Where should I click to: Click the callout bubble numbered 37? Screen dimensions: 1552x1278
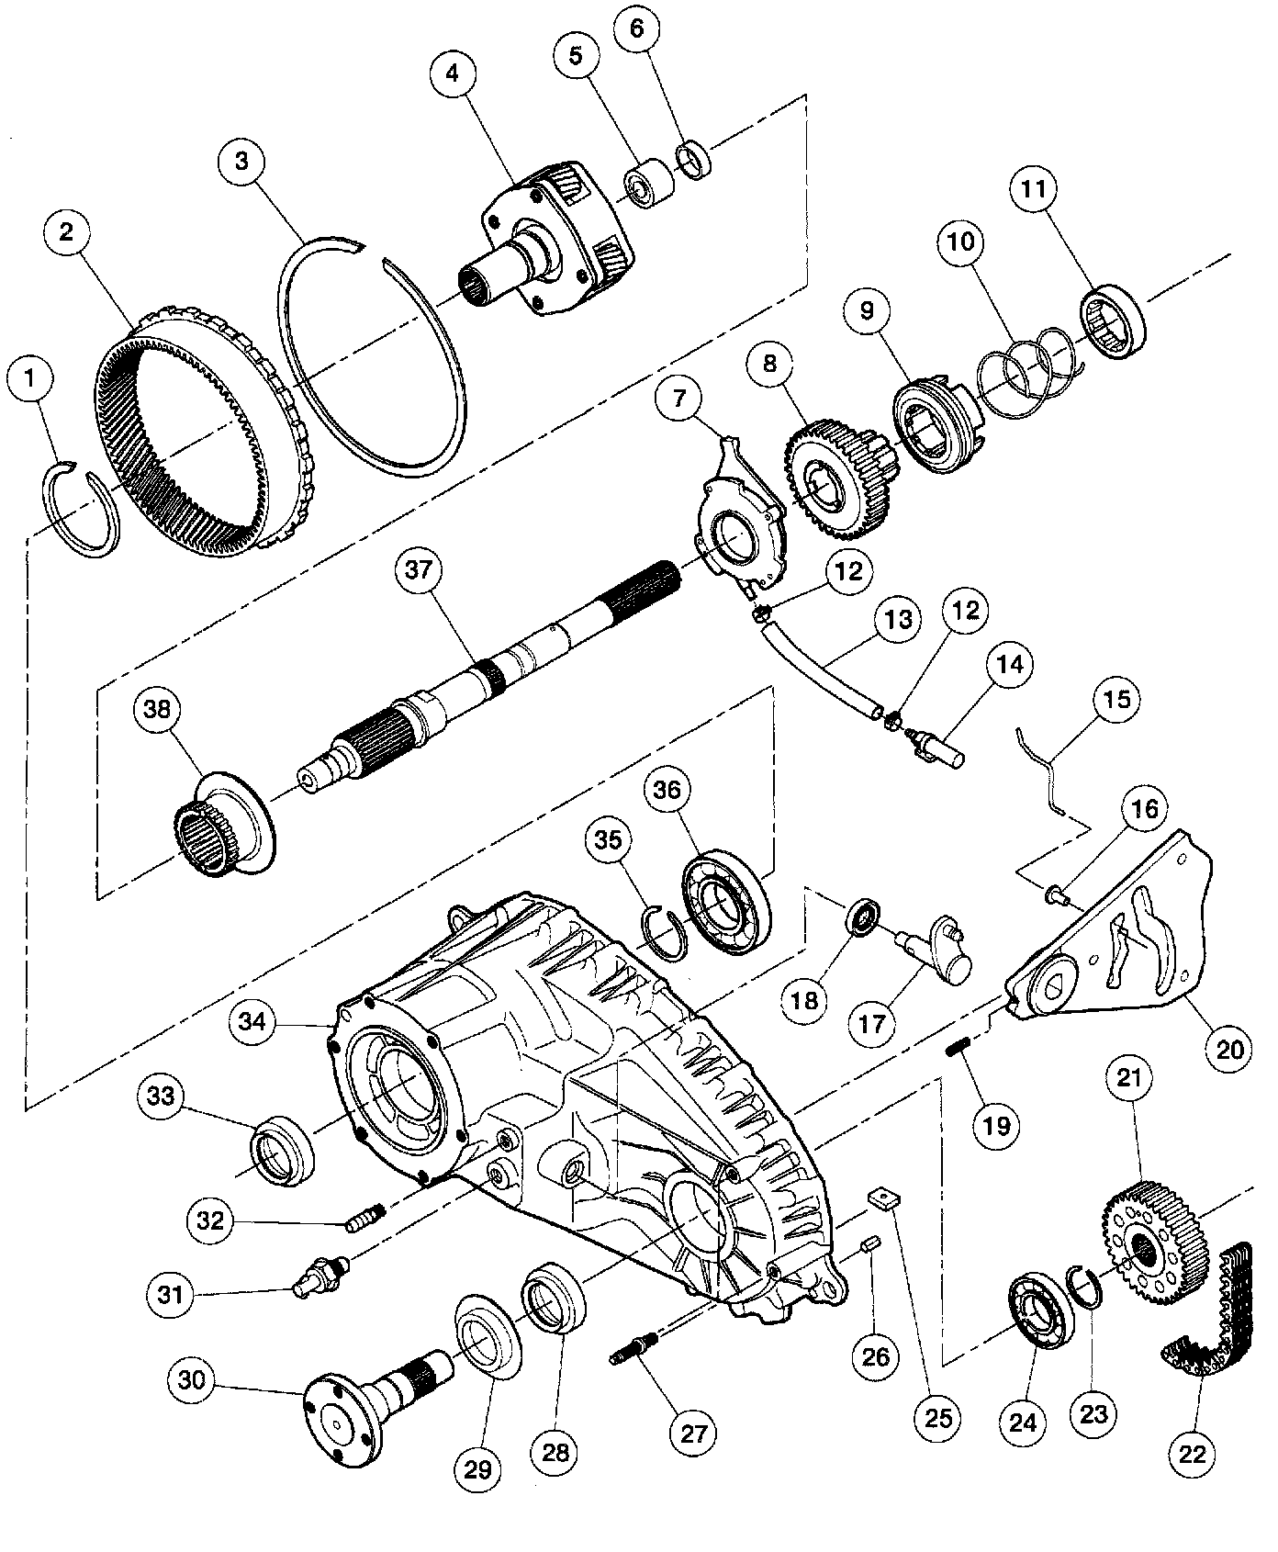(x=419, y=570)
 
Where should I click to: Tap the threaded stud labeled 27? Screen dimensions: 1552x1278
(x=637, y=1353)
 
